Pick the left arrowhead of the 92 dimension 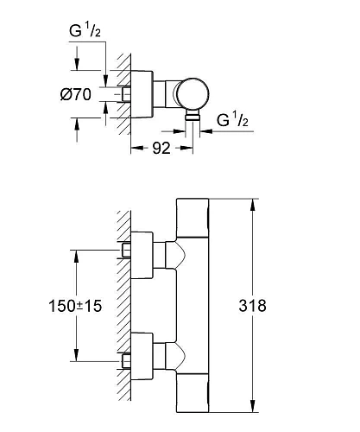point(135,147)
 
